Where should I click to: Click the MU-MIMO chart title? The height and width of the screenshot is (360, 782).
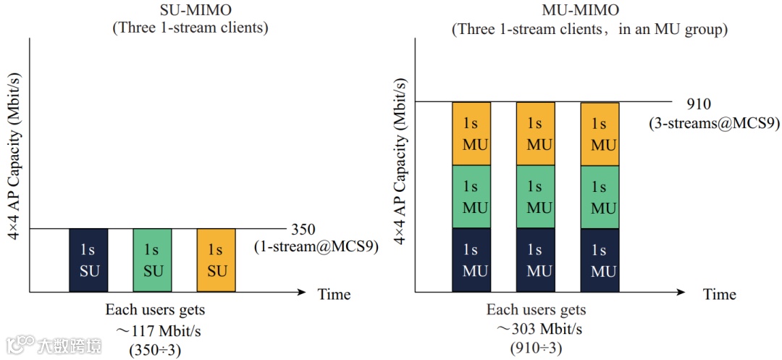589,11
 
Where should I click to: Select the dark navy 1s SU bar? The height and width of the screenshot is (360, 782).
88,260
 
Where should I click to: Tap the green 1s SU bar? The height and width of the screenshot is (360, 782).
152,260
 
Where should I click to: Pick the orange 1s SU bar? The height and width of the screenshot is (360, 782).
216,260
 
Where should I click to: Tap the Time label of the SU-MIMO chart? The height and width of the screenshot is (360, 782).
334,294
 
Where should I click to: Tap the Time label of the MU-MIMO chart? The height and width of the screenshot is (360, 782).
720,294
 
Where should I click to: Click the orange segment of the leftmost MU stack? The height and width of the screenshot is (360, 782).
471,133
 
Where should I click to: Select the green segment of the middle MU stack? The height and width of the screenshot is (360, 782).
535,197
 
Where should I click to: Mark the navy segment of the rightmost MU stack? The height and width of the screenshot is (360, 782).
600,260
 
